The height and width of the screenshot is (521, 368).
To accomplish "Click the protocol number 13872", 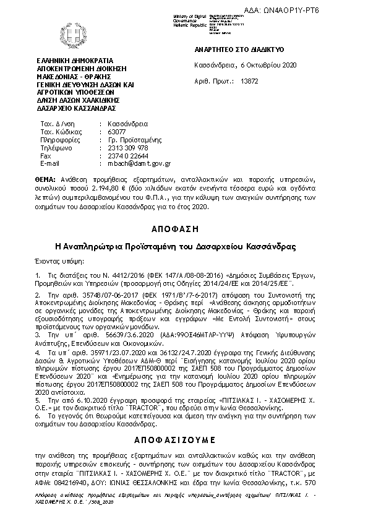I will pyautogui.click(x=249, y=80).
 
